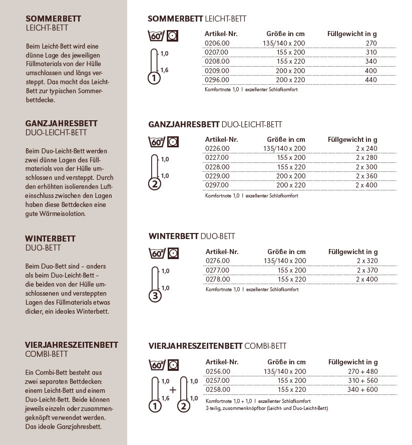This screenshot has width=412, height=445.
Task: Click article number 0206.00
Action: point(217,43)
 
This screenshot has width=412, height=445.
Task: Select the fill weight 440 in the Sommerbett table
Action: point(370,80)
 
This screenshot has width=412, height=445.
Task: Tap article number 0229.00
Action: point(217,175)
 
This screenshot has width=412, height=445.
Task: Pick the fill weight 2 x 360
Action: point(366,175)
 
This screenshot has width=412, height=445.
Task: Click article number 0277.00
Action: point(217,270)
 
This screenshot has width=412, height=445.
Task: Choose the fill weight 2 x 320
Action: point(366,261)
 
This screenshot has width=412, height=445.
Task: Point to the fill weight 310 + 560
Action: point(363,380)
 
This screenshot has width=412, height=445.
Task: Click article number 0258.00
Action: point(217,389)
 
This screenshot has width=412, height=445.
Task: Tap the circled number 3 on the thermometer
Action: point(155,296)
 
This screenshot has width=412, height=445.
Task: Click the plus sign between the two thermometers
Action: point(172,390)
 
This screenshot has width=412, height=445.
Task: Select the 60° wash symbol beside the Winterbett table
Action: point(157,253)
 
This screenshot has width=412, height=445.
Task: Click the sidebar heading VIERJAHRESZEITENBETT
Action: point(71,345)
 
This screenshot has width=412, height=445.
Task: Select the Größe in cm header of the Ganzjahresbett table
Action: point(286,139)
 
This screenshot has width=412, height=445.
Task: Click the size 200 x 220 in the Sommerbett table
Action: point(290,80)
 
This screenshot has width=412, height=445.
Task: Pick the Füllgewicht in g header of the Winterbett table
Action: point(353,252)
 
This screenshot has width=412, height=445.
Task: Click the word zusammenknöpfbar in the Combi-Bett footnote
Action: point(241,408)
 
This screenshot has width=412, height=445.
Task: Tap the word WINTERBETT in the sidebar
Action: point(50,239)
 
